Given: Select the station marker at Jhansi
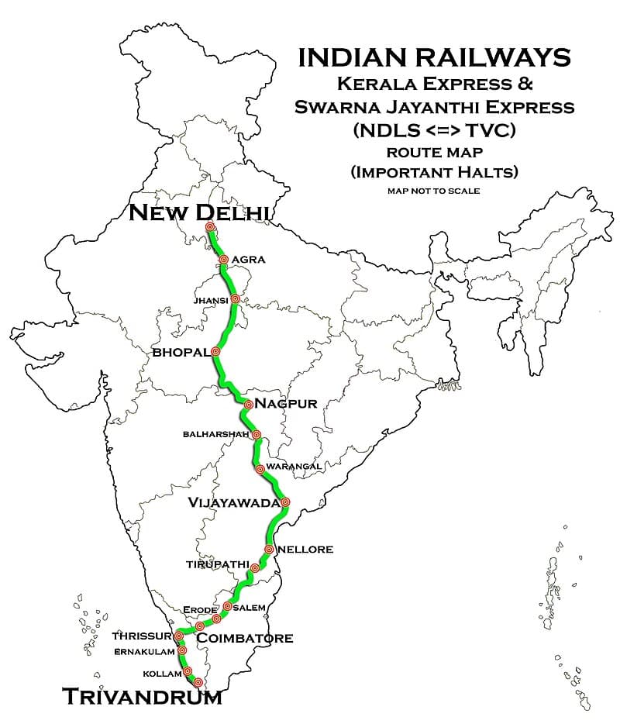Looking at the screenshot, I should tap(236, 298).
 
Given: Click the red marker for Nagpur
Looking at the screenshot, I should tap(248, 404).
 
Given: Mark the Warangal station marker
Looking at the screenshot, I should tap(260, 468).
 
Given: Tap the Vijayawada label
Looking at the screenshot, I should tap(233, 503).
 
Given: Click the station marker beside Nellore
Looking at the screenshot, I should tap(268, 549).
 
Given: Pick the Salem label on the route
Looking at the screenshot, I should tap(254, 607).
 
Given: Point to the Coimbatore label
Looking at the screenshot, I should tap(245, 638).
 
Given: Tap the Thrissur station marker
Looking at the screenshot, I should tap(179, 636).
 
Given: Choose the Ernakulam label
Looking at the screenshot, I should tap(145, 651).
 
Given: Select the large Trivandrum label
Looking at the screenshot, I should tap(142, 696).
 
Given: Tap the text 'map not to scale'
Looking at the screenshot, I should tap(434, 190).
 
